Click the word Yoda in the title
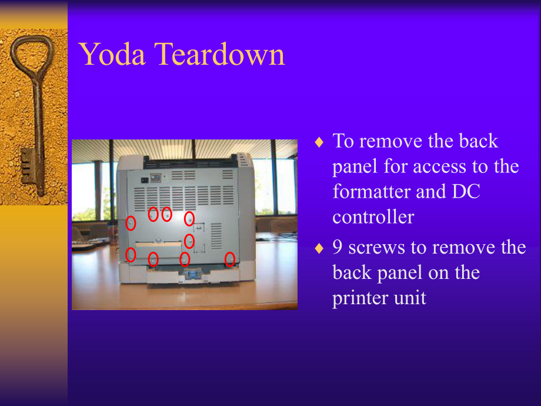click(x=110, y=54)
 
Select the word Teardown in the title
click(x=220, y=54)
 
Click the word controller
click(x=373, y=217)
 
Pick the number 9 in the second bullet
click(x=338, y=247)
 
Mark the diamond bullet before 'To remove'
click(x=319, y=142)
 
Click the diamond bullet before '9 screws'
click(x=319, y=248)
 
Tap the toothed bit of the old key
click(x=26, y=167)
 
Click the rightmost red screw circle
click(x=230, y=259)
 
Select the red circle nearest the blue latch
click(x=185, y=259)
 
